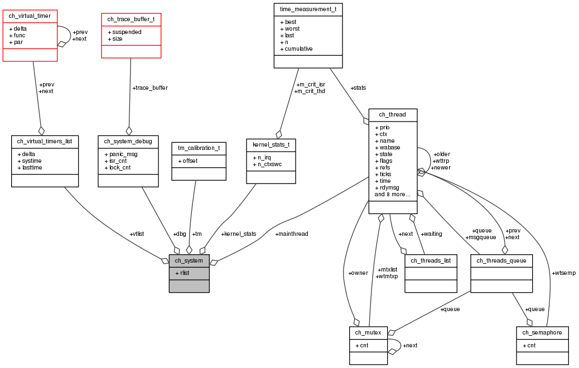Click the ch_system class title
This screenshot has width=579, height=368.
tap(189, 260)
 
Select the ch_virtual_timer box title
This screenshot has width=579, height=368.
tap(30, 16)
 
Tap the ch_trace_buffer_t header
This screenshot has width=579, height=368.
tap(131, 19)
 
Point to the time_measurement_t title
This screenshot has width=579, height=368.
tap(308, 9)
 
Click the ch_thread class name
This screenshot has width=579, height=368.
tap(393, 114)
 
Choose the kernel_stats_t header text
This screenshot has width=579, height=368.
tap(271, 144)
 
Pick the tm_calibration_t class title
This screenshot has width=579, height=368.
tap(199, 148)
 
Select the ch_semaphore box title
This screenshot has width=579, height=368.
tap(542, 332)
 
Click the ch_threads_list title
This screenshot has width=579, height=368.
tap(431, 260)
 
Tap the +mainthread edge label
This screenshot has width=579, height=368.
tap(292, 234)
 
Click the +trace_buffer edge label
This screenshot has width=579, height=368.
tap(150, 88)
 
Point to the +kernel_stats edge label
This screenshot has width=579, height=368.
tap(239, 234)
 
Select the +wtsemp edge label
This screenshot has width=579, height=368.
tap(563, 273)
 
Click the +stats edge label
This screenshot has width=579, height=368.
tap(358, 88)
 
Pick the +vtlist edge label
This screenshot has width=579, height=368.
tap(137, 234)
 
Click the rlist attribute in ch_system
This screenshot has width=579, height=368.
tap(182, 273)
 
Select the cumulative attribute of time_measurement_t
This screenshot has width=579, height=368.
tap(297, 49)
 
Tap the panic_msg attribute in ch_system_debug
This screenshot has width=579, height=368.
tap(121, 154)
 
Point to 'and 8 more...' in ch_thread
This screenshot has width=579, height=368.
tap(392, 194)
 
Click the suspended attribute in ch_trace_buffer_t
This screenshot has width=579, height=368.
tap(125, 32)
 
